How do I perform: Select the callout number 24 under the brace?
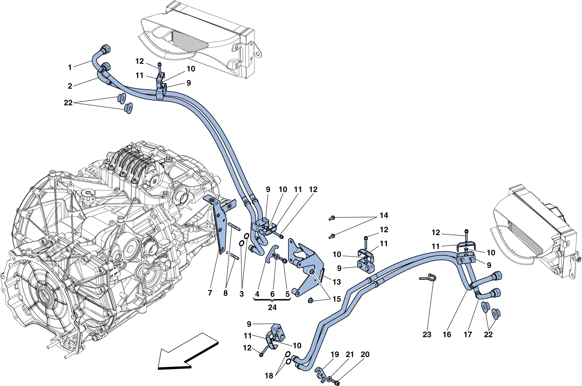272,307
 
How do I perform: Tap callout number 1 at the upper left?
70,67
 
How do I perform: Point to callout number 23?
427,335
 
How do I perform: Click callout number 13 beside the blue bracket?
336,282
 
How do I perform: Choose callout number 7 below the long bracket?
210,293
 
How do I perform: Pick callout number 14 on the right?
383,215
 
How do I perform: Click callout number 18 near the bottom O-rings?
269,376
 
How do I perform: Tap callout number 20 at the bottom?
365,354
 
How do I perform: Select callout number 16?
447,335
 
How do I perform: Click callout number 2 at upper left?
70,86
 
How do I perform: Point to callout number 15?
336,299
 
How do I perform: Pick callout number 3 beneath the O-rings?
241,294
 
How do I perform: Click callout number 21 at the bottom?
350,354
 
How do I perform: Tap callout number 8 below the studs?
225,293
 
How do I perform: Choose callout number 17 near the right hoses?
467,335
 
